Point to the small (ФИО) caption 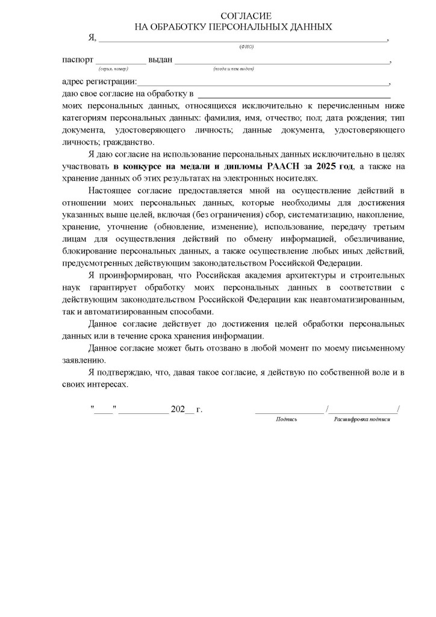[246, 47]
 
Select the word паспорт [78, 60]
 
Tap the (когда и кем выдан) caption [234, 69]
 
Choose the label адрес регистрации [99, 82]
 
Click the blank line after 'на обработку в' [294, 95]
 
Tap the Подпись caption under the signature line [287, 419]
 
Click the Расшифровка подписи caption [362, 419]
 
